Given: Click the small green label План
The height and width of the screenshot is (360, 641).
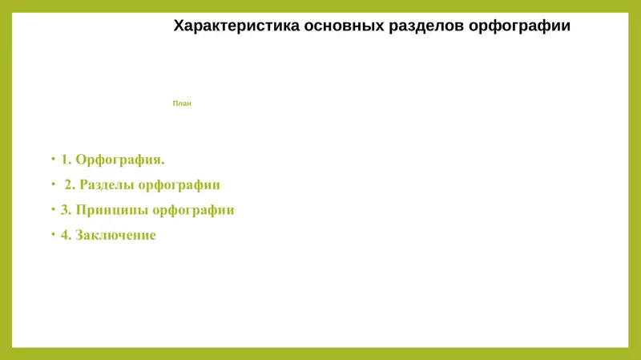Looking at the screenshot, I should (x=182, y=103).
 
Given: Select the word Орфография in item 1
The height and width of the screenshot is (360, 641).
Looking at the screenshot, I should (x=119, y=159).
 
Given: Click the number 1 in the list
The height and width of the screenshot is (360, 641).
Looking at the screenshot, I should (x=64, y=159).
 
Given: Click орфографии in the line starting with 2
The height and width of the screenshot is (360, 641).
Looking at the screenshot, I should (x=179, y=184).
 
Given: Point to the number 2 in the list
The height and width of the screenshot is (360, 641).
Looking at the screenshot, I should (x=68, y=184).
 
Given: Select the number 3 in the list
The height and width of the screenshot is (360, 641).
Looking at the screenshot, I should (x=64, y=210).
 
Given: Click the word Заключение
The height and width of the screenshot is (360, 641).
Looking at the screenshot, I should (x=115, y=236).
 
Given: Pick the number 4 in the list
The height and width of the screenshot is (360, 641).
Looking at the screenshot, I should (x=64, y=236).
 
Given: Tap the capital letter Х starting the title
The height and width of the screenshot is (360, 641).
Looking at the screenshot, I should (x=179, y=26).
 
